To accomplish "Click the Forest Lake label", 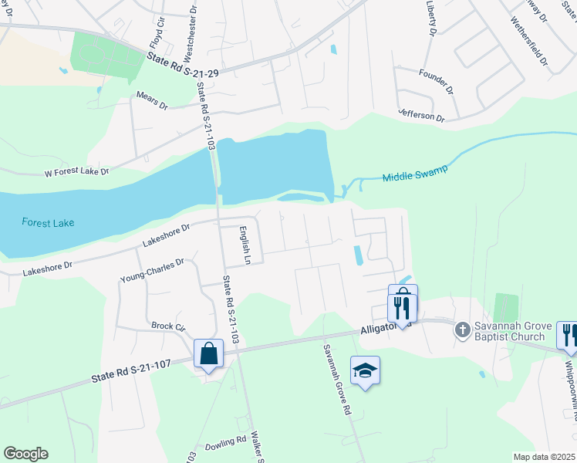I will pyautogui.click(x=48, y=223).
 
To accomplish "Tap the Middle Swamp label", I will pyautogui.click(x=415, y=174).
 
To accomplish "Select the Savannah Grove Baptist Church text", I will pyautogui.click(x=512, y=331).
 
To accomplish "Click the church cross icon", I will pyautogui.click(x=462, y=330).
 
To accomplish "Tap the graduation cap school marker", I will pyautogui.click(x=365, y=371).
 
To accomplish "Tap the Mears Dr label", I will pyautogui.click(x=151, y=101).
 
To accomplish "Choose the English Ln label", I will pyautogui.click(x=245, y=245).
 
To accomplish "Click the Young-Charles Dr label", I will pyautogui.click(x=153, y=269).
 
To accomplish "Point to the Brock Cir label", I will pyautogui.click(x=169, y=326).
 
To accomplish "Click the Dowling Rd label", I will pyautogui.click(x=224, y=446).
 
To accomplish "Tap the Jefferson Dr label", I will pyautogui.click(x=421, y=115).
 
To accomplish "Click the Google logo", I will pyautogui.click(x=25, y=454).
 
